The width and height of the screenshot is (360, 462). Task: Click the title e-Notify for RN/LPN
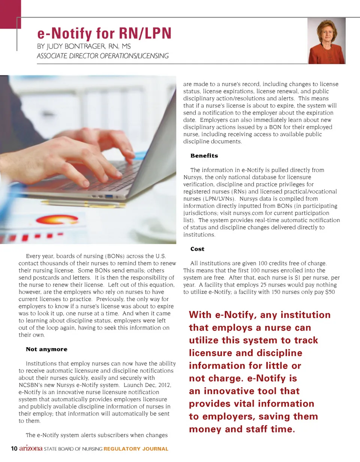104,34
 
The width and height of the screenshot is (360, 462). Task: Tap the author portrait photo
326,41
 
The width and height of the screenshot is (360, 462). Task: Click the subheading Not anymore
46,349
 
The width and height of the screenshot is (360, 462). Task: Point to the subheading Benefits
204,156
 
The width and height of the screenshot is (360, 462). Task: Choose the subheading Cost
197,249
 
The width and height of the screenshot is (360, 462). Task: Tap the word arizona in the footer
31,448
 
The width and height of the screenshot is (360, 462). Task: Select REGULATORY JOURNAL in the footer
136,449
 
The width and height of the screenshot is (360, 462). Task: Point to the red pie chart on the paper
56,220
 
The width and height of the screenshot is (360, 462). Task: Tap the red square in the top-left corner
10,13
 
